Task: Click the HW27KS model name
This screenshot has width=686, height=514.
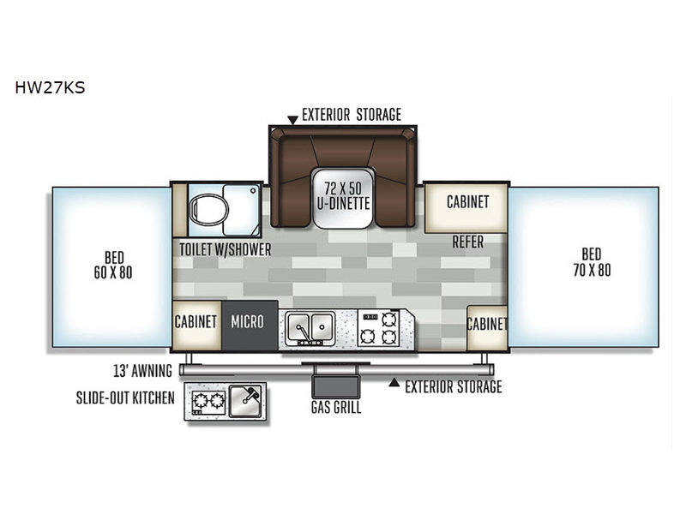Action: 50,87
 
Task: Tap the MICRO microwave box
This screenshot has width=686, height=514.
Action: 250,325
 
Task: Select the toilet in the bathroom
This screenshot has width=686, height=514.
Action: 208,209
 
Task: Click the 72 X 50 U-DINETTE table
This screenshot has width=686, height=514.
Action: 343,198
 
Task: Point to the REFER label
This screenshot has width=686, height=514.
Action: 467,242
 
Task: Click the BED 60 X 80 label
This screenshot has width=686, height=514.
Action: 113,265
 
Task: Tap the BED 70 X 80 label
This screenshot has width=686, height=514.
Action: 592,262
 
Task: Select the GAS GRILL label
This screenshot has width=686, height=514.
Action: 336,407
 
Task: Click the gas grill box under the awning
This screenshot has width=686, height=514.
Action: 335,386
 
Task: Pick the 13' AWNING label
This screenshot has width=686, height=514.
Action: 142,371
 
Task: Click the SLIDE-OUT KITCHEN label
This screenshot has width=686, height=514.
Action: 125,397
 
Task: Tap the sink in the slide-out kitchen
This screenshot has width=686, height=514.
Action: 245,401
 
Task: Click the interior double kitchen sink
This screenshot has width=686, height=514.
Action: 310,328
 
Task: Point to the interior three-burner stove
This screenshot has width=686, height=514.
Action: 378,328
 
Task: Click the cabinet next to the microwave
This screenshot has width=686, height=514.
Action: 196,325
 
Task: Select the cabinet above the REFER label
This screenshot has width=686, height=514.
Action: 466,207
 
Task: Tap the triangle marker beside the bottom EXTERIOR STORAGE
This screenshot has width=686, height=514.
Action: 394,382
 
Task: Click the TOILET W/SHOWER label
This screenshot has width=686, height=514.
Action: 226,250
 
